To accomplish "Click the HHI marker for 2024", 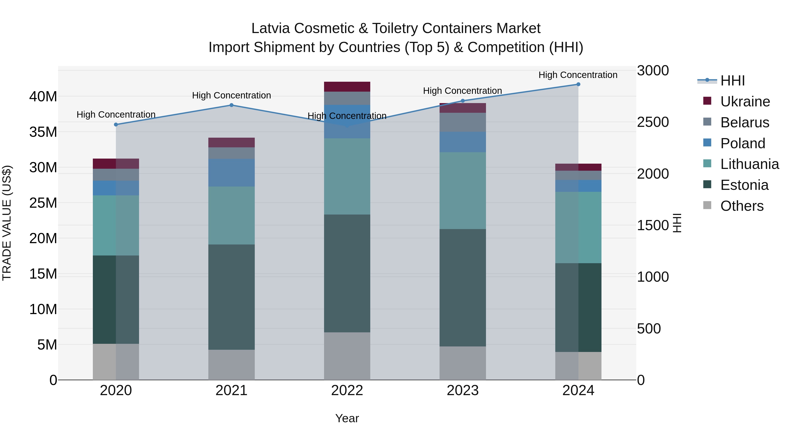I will point(578,84).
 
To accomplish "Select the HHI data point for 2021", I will point(231,105).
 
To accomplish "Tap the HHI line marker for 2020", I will point(116,125).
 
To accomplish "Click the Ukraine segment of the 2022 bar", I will point(347,87).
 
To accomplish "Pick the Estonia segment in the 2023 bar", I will point(463,288).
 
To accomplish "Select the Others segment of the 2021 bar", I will point(231,365).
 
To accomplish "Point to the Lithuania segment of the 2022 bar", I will point(347,176).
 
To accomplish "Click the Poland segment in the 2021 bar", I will point(231,173).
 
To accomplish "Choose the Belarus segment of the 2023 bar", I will point(463,122).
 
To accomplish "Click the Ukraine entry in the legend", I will point(745,102).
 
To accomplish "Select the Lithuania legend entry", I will point(749,164).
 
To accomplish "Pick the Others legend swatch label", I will point(742,206).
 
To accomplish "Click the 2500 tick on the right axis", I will point(653,122).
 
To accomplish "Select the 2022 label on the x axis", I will point(347,390).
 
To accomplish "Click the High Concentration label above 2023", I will point(462,91).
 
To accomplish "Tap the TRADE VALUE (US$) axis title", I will point(7,223).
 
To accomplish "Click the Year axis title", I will point(347,418).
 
